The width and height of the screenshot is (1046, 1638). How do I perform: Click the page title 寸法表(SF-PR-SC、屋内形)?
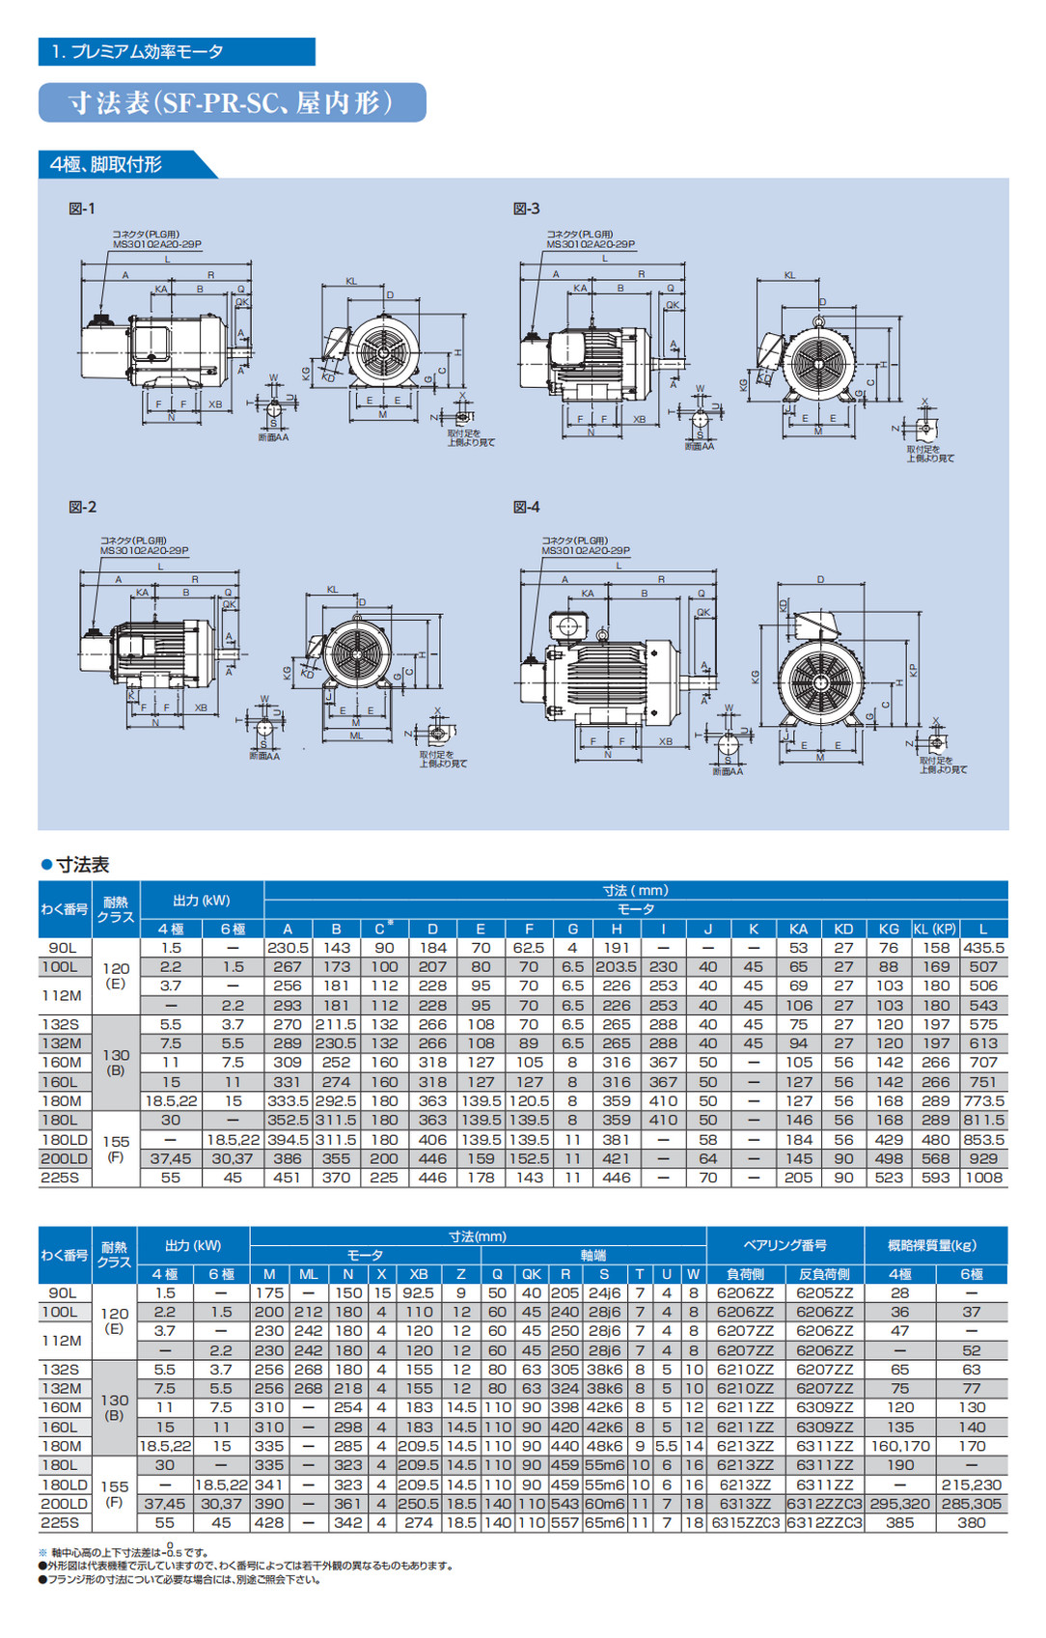pyautogui.click(x=232, y=103)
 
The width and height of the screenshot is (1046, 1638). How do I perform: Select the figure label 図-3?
pyautogui.click(x=526, y=208)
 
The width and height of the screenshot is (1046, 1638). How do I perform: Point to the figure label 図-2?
pyautogui.click(x=83, y=507)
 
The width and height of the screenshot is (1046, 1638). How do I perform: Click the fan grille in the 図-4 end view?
pyautogui.click(x=822, y=680)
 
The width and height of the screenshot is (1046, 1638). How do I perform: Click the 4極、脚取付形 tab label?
pyautogui.click(x=107, y=164)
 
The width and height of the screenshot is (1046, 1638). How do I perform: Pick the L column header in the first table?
pyautogui.click(x=983, y=929)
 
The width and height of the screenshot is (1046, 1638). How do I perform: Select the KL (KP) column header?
pyautogui.click(x=934, y=929)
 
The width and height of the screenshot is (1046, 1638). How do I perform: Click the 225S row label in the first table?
pyautogui.click(x=61, y=1178)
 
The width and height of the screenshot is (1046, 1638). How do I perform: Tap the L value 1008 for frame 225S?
pyautogui.click(x=983, y=1178)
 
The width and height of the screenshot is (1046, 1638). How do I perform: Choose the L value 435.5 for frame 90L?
pyautogui.click(x=983, y=948)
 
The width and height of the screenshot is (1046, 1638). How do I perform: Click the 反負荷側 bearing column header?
pyautogui.click(x=823, y=1274)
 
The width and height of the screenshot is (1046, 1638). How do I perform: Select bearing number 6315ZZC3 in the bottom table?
pyautogui.click(x=746, y=1523)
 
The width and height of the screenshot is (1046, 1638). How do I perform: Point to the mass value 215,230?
pyautogui.click(x=971, y=1485)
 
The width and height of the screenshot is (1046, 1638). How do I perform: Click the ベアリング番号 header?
pyautogui.click(x=784, y=1245)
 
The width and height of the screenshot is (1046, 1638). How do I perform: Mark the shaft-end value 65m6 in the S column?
pyautogui.click(x=604, y=1523)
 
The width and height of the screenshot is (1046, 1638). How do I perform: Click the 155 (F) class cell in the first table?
pyautogui.click(x=116, y=1149)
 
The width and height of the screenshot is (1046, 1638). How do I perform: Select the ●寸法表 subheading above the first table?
pyautogui.click(x=75, y=865)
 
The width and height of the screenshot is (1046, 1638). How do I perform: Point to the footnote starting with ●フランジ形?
pyautogui.click(x=179, y=1580)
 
